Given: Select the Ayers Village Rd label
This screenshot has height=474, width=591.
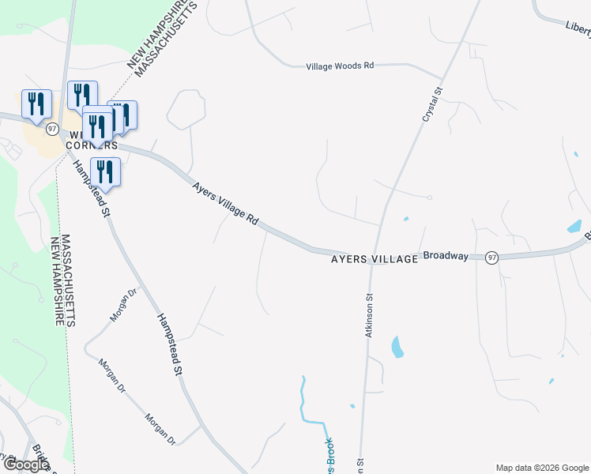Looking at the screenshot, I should pyautogui.click(x=227, y=205).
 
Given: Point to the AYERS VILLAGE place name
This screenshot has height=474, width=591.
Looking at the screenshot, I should pyautogui.click(x=374, y=258).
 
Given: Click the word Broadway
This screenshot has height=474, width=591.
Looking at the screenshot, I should pyautogui.click(x=446, y=256).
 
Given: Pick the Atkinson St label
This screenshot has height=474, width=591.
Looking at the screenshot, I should pyautogui.click(x=368, y=316).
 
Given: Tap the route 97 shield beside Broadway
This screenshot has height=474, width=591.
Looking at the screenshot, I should pyautogui.click(x=492, y=258).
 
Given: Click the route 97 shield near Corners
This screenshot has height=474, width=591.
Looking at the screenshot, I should pyautogui.click(x=52, y=128).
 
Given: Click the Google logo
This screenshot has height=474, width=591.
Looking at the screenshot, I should pyautogui.click(x=26, y=465).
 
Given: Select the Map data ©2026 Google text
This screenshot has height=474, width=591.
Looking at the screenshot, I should pyautogui.click(x=542, y=468).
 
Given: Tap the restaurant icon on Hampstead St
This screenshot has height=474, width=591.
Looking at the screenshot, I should pyautogui.click(x=105, y=171).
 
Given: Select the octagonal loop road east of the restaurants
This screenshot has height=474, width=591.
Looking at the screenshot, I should pyautogui.click(x=186, y=109).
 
